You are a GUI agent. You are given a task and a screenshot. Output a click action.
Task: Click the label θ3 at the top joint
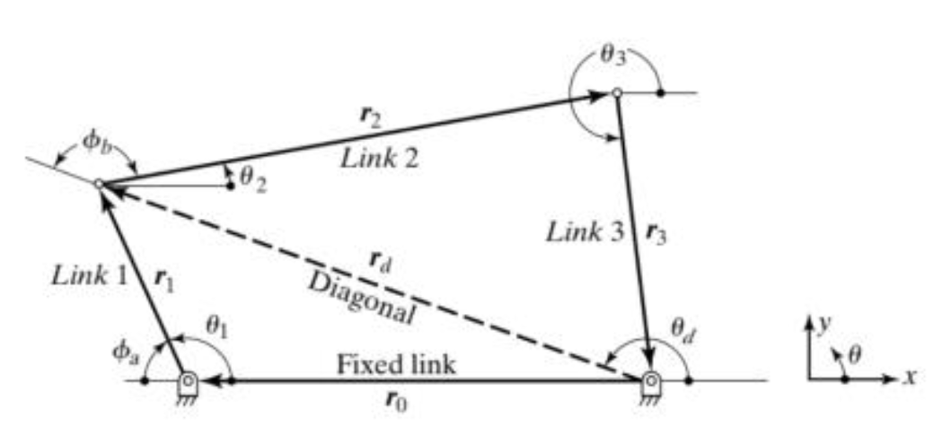[613, 66]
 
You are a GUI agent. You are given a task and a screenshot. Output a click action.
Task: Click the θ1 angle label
[219, 328]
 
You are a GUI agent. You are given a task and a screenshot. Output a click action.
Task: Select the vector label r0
[396, 402]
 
